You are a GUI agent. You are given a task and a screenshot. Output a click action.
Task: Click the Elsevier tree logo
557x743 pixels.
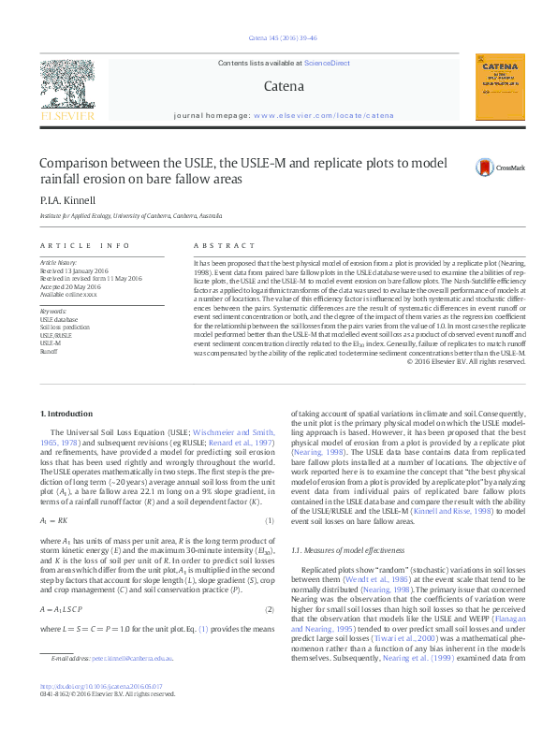(x=66, y=89)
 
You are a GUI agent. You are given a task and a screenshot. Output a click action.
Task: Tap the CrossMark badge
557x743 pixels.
(x=500, y=168)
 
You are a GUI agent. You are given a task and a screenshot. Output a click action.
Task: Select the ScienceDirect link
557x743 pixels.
(x=327, y=63)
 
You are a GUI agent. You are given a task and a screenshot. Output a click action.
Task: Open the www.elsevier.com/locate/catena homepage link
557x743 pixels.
(x=324, y=116)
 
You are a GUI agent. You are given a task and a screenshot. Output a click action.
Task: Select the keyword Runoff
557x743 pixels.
(x=48, y=352)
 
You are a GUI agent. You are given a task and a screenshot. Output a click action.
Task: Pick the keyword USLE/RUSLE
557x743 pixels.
(x=55, y=335)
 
